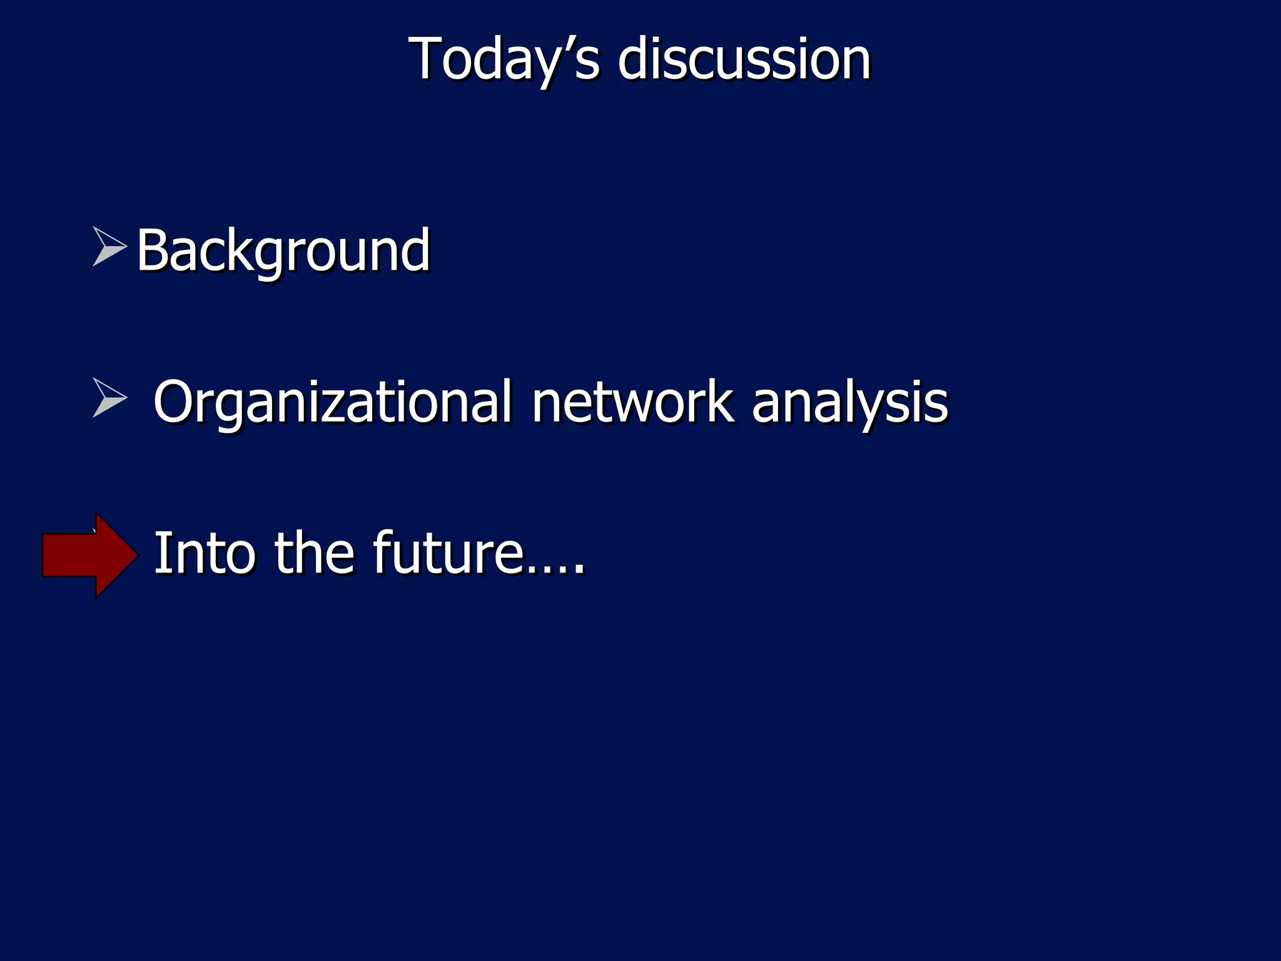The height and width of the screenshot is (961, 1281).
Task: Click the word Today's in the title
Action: click(x=504, y=59)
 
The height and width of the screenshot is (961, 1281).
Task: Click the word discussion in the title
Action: click(x=744, y=59)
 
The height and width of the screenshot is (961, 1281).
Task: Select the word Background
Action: click(x=283, y=250)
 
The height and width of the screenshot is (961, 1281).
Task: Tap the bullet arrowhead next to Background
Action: click(x=108, y=246)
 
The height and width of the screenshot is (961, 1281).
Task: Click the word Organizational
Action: click(x=332, y=402)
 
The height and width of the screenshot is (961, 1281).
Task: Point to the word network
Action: click(x=632, y=402)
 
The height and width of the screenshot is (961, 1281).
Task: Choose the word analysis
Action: click(x=849, y=402)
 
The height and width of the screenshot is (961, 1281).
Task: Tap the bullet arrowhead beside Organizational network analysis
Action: click(x=108, y=397)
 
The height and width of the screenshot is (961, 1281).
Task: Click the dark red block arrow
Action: click(x=88, y=555)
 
